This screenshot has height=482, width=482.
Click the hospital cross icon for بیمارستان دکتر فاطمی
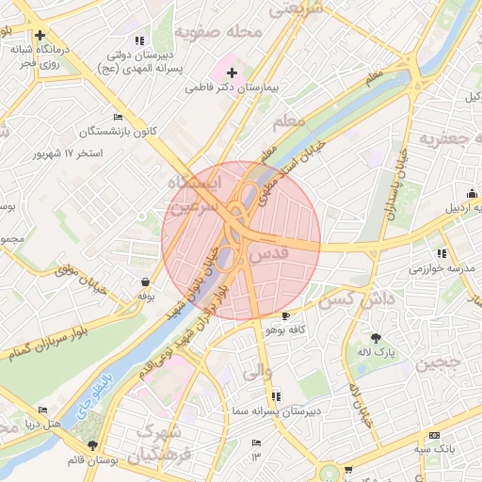click(232, 72)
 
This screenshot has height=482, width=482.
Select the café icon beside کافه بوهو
click(285, 316)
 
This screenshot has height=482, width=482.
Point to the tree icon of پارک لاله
click(377, 337)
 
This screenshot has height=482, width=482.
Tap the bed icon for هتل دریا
click(42, 410)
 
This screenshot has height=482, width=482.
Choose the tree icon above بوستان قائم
click(92, 445)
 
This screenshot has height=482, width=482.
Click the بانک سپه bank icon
click(433, 435)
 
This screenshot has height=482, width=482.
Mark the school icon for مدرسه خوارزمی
click(441, 253)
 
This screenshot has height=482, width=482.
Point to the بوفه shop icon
click(145, 281)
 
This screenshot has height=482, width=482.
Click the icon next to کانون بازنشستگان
click(117, 117)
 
